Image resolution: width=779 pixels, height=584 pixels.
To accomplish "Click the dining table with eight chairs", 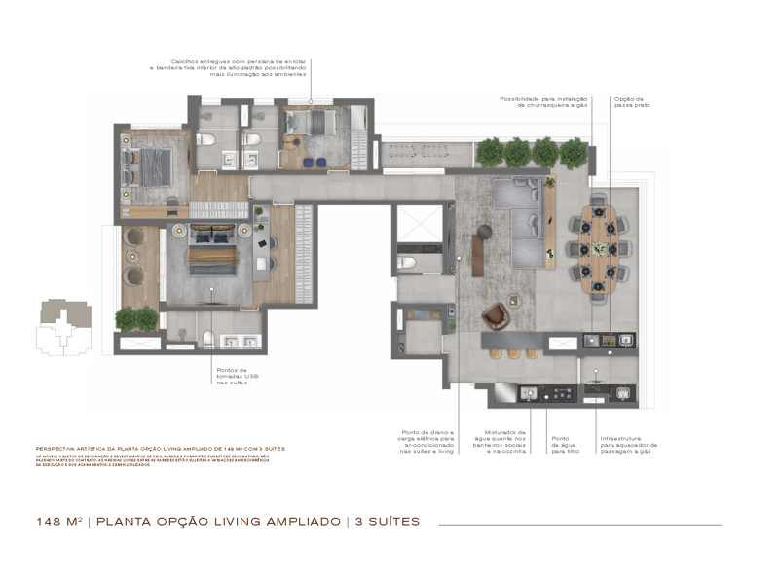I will [x=597, y=248].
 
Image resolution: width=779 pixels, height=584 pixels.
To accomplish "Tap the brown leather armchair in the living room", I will [x=496, y=315].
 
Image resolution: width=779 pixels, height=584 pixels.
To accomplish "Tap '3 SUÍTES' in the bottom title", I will [x=386, y=522].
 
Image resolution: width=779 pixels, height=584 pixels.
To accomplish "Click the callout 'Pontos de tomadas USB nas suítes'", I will [x=234, y=376].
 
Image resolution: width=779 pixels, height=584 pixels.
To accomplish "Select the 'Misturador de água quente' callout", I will [x=504, y=442].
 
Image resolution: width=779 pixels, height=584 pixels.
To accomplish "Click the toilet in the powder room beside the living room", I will [x=407, y=263].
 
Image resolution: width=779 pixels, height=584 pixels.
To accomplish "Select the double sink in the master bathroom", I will [x=238, y=341].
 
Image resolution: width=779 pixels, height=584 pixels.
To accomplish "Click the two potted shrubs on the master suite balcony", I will [x=136, y=317].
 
